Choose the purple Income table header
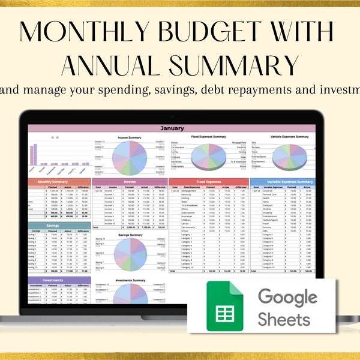[130, 182]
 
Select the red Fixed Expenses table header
[208, 182]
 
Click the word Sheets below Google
[284, 318]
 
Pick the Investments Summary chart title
[130, 280]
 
